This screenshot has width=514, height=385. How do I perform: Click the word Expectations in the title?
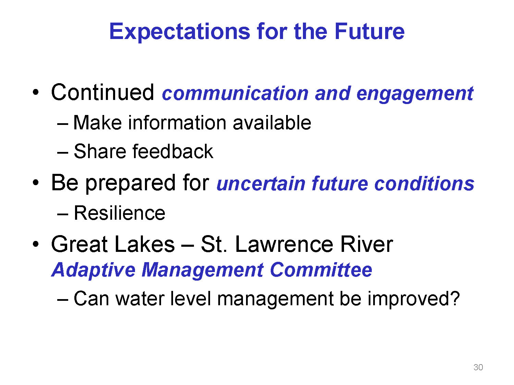pos(180,32)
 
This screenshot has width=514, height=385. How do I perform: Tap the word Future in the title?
pos(369,31)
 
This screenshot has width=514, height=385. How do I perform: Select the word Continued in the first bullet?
pos(102,92)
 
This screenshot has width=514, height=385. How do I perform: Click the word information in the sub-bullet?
pos(177,123)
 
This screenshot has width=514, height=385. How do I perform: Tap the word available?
pos(272,123)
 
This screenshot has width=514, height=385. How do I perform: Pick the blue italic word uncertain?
pos(261,184)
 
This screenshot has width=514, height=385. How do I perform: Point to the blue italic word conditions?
pos(424,184)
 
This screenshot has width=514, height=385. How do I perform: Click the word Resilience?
pos(120,213)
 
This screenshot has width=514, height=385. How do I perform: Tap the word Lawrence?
pos(284,244)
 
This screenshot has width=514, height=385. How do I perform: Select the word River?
pos(366,244)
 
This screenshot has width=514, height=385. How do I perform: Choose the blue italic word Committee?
pos(321,270)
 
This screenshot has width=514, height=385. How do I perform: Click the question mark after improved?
pos(455,298)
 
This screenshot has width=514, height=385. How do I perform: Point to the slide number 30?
pos(478,367)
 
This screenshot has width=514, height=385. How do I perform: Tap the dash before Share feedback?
pos(63,153)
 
